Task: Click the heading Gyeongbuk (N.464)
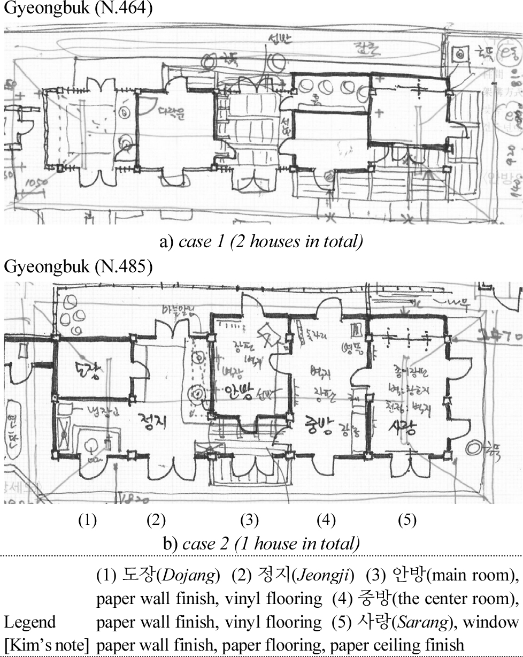coord(74,10)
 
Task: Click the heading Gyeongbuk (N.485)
coord(74,266)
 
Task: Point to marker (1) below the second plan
coord(87,520)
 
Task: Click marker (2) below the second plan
coord(156,520)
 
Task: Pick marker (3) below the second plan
coord(249,520)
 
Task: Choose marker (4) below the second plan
coord(326,520)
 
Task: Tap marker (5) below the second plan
coord(407,520)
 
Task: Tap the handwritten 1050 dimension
coord(36,184)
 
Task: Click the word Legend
coord(30,622)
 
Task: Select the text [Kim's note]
coord(47,645)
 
